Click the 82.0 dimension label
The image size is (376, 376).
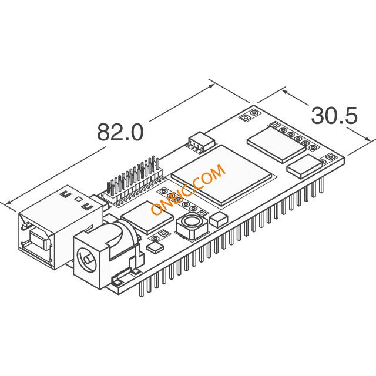[120, 132]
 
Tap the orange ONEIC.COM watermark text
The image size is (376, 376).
[188, 189]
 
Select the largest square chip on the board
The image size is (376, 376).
[221, 175]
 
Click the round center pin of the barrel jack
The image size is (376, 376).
[87, 260]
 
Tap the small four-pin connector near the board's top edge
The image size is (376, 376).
[201, 143]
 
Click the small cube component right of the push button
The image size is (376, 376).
[218, 220]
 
